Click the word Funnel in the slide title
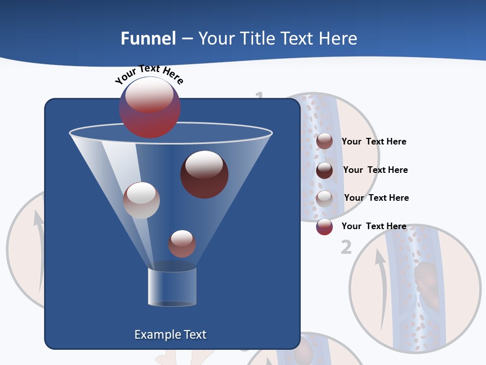(x=148, y=39)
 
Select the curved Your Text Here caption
(x=149, y=74)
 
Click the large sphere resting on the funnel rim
(x=149, y=107)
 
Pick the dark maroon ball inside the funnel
(x=204, y=174)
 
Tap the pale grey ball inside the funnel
(x=141, y=200)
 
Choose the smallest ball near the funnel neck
(x=182, y=243)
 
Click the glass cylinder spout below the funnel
(x=172, y=286)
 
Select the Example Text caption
(x=170, y=335)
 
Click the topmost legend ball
(x=325, y=141)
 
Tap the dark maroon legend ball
(x=325, y=170)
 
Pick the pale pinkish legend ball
(x=325, y=199)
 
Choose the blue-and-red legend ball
(x=325, y=227)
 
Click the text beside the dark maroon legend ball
(x=375, y=170)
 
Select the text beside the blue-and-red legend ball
(x=374, y=226)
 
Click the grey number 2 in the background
(x=346, y=247)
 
